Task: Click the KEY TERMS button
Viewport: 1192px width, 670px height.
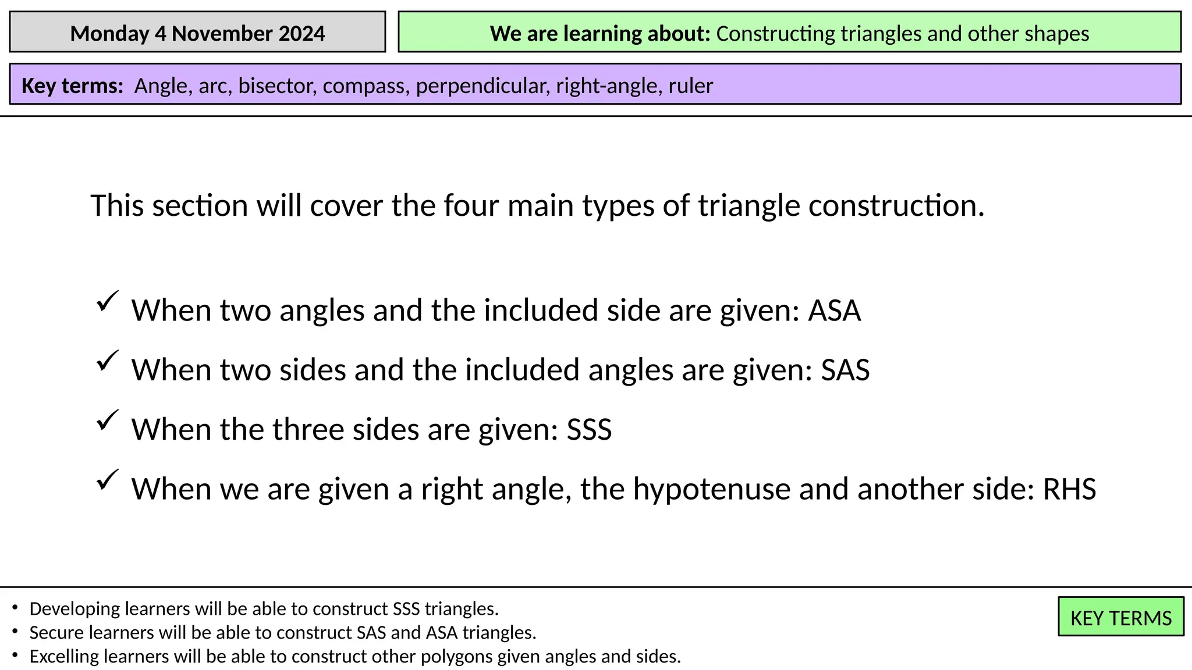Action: [x=1120, y=618]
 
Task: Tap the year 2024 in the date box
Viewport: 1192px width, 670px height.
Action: [x=301, y=34]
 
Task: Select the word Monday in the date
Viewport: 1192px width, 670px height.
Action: [x=109, y=34]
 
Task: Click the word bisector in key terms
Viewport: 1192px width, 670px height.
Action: [x=276, y=86]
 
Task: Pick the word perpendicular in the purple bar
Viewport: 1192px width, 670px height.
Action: [x=482, y=86]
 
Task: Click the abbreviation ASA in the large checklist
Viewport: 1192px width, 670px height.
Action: [x=834, y=311]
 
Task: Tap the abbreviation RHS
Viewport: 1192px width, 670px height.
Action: [x=1069, y=489]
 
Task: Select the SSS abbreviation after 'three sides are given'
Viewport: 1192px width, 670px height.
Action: [x=589, y=430]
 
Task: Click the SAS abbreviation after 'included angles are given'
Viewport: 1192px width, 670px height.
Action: [x=845, y=370]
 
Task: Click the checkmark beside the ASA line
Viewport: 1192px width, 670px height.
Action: [x=108, y=301]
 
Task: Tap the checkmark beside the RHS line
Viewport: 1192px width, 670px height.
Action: [x=108, y=480]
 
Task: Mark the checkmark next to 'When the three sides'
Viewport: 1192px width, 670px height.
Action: [x=108, y=420]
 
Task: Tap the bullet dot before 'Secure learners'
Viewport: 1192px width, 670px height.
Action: [x=15, y=631]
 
